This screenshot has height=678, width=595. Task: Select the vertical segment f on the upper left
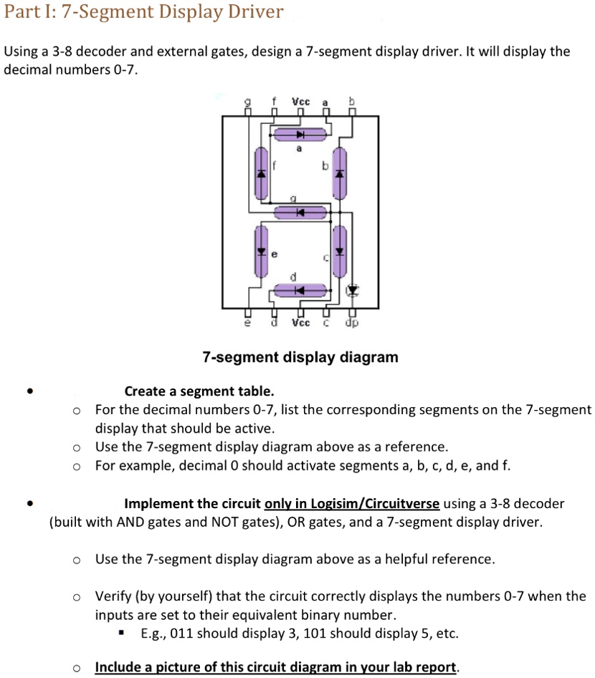point(262,173)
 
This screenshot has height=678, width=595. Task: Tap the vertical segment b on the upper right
point(341,173)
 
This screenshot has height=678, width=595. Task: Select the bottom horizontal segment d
point(300,290)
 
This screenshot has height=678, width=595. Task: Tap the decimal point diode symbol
point(351,290)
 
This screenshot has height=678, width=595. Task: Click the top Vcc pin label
point(300,102)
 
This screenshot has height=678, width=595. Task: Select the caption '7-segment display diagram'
point(300,357)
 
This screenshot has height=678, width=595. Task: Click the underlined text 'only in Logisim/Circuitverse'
point(352,504)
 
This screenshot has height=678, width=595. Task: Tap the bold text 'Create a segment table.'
point(199,391)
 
